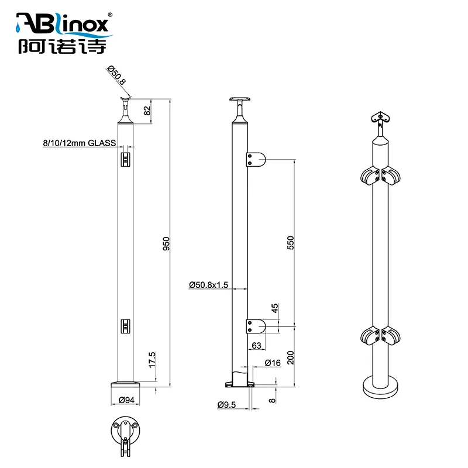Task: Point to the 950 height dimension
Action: coord(166,243)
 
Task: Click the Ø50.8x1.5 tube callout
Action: coord(209,284)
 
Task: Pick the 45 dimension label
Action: coord(275,309)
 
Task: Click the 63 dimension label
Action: coord(256,346)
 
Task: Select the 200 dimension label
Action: coord(290,355)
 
